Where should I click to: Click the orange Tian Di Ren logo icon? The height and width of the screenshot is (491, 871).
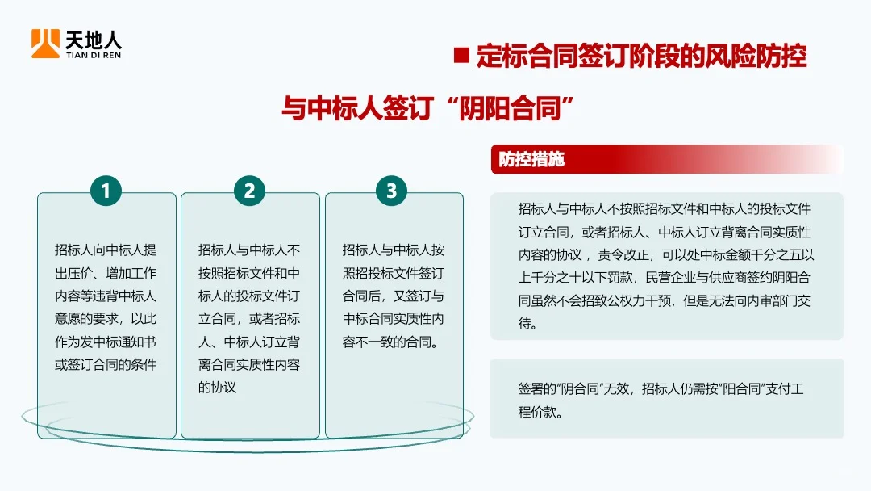[x=45, y=43]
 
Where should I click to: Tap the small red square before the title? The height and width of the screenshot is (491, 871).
[x=461, y=56]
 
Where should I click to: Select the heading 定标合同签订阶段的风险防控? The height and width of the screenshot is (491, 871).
[x=641, y=56]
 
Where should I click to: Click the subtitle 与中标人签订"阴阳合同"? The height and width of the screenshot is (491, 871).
[x=432, y=107]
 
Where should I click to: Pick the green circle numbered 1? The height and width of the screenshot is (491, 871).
[x=106, y=191]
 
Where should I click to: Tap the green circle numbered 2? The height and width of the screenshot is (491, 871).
[x=249, y=191]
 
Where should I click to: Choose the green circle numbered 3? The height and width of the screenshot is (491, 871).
[x=392, y=191]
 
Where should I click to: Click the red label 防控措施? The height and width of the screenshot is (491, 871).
[x=531, y=159]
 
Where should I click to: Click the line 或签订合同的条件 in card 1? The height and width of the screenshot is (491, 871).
[x=106, y=364]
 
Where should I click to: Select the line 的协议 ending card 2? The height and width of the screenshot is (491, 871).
[x=218, y=387]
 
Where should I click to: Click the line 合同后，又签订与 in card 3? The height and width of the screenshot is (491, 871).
[x=393, y=296]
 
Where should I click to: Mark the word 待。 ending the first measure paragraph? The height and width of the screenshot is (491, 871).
[x=527, y=325]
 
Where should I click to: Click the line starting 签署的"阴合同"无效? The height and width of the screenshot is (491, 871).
[x=661, y=388]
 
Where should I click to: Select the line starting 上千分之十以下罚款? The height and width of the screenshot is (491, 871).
[x=664, y=279]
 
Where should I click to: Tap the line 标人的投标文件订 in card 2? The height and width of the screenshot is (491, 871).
[x=249, y=296]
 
